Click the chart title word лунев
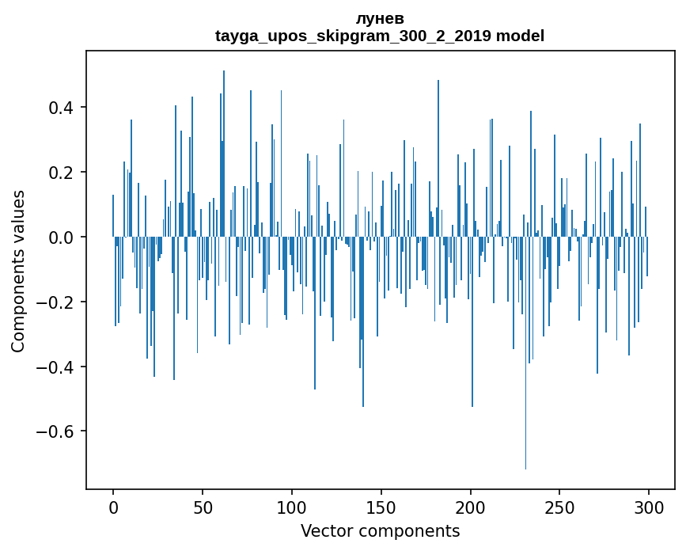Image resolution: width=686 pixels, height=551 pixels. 380,19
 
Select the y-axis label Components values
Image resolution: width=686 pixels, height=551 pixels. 18,271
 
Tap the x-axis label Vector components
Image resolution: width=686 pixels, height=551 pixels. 380,530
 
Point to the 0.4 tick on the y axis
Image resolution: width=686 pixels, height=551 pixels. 63,108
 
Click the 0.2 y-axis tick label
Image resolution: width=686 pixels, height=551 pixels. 63,173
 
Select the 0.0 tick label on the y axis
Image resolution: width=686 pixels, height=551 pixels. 63,237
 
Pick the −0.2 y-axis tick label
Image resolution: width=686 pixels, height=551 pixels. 59,302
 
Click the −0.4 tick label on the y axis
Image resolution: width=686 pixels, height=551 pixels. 59,367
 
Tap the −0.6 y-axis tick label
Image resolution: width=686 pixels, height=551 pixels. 59,432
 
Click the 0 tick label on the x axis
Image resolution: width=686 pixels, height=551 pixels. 113,507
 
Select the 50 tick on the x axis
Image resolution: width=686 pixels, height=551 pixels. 203,507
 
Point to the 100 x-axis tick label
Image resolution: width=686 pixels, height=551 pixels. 292,507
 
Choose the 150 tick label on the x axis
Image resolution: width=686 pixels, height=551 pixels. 381,507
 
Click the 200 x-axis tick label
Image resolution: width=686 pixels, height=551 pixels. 471,507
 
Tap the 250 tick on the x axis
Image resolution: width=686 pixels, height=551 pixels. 560,507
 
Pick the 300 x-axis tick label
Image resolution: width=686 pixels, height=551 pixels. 650,507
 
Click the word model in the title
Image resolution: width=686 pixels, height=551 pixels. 520,36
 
